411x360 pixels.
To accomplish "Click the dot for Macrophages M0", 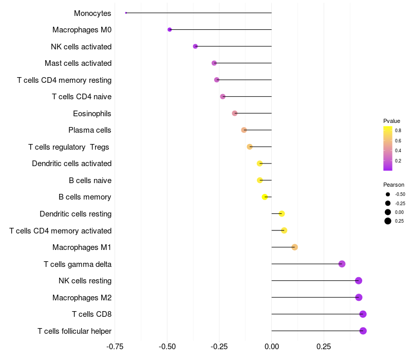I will point(170,30).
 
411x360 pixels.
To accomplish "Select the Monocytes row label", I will point(92,13).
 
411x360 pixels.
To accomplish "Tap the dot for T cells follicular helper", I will point(363,331).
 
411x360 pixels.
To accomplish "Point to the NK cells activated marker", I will point(195,46).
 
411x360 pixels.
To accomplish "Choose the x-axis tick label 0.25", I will point(323,347).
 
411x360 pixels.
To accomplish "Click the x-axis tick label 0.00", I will point(271,347).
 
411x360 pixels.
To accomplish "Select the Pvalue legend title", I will point(391,121).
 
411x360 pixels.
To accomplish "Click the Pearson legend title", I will point(394,185).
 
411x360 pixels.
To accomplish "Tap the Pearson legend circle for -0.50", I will point(388,194).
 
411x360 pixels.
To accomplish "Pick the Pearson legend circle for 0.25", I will point(388,221).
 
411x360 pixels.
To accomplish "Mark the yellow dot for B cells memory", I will point(265,197).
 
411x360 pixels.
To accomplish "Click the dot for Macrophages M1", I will point(294,247).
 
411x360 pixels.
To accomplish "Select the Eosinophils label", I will point(92,114).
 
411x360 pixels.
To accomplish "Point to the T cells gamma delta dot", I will point(342,264).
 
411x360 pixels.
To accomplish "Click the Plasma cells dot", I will point(244,130).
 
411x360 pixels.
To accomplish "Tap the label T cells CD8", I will point(91,314).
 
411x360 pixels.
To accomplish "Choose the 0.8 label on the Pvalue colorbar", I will point(398,131).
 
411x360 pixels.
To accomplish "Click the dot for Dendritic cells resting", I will point(282,214).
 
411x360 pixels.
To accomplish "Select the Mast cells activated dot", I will point(214,63).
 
